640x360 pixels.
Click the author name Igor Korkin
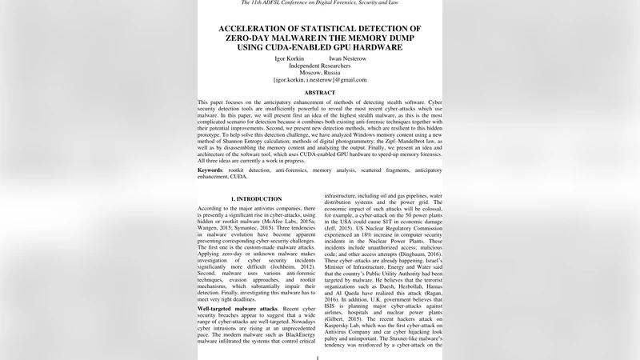pos(291,58)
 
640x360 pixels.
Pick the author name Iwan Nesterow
pos(347,58)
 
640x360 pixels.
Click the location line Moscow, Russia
pos(319,73)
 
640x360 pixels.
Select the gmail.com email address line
pos(319,80)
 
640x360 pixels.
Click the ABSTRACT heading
pos(319,93)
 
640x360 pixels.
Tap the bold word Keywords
pos(210,170)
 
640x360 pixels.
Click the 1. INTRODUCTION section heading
pos(256,198)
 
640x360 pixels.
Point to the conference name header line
pos(319,3)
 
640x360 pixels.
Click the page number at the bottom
pos(319,358)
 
